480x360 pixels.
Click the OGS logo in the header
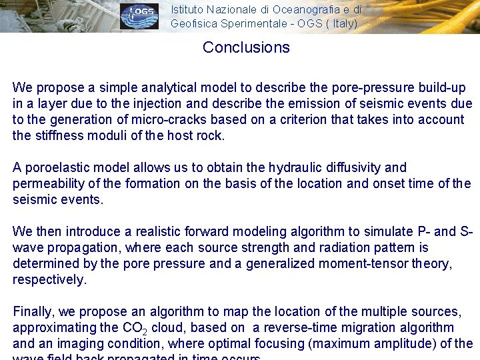pos(139,16)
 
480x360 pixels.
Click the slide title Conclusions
pos(246,47)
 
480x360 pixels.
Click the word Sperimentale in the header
pos(246,23)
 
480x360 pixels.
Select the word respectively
pos(49,280)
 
